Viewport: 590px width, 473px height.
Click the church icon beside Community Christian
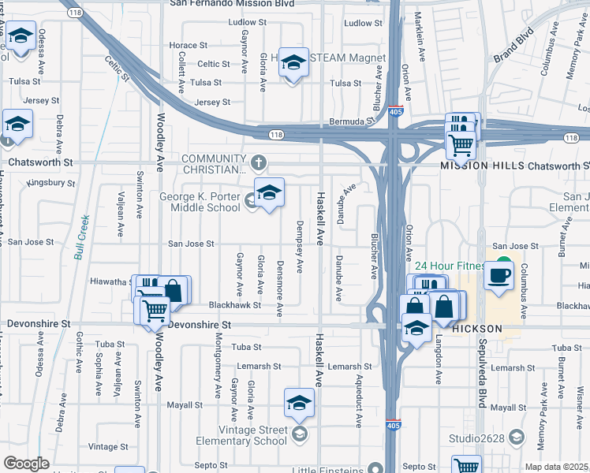pos(260,162)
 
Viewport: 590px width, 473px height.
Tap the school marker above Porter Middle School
pos(269,192)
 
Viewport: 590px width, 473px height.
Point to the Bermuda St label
pos(349,122)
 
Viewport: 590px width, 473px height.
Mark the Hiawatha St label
pos(110,281)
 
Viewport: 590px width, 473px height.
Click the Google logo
pos(26,464)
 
